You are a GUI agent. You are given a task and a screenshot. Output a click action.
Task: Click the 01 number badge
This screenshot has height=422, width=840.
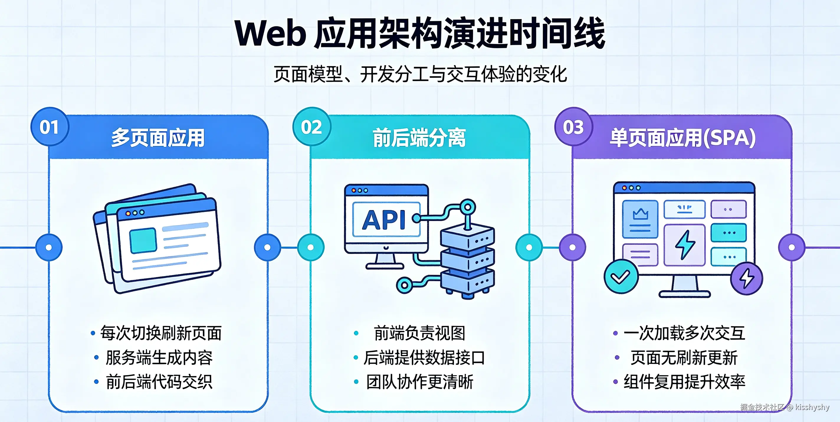(x=50, y=127)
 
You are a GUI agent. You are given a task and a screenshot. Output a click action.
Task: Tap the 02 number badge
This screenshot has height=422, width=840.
(x=311, y=127)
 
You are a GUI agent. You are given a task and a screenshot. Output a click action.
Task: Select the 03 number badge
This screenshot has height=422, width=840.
(x=574, y=127)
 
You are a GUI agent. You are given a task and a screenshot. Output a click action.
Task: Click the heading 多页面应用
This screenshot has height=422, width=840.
(x=158, y=138)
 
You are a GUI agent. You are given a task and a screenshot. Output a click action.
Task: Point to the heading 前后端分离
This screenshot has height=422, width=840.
(x=419, y=138)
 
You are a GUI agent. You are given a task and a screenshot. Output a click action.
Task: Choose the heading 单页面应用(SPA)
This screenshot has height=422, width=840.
(x=683, y=138)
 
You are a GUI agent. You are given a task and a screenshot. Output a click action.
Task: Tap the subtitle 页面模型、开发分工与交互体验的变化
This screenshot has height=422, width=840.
(x=420, y=74)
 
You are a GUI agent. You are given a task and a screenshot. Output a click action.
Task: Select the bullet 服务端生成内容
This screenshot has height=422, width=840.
(x=159, y=358)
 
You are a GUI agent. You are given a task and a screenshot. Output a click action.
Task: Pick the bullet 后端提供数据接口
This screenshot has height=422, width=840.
(x=424, y=358)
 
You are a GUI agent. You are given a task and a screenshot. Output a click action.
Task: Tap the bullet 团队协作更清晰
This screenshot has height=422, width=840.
(x=420, y=382)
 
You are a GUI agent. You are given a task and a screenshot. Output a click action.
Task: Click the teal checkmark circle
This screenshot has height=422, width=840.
(x=621, y=277)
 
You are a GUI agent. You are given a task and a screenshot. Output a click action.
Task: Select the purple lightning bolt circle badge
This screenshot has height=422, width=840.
(x=747, y=278)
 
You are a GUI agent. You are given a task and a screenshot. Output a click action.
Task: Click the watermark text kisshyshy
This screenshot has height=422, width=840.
(x=812, y=407)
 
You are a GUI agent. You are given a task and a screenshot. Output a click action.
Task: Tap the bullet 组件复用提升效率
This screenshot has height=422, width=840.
(x=685, y=382)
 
